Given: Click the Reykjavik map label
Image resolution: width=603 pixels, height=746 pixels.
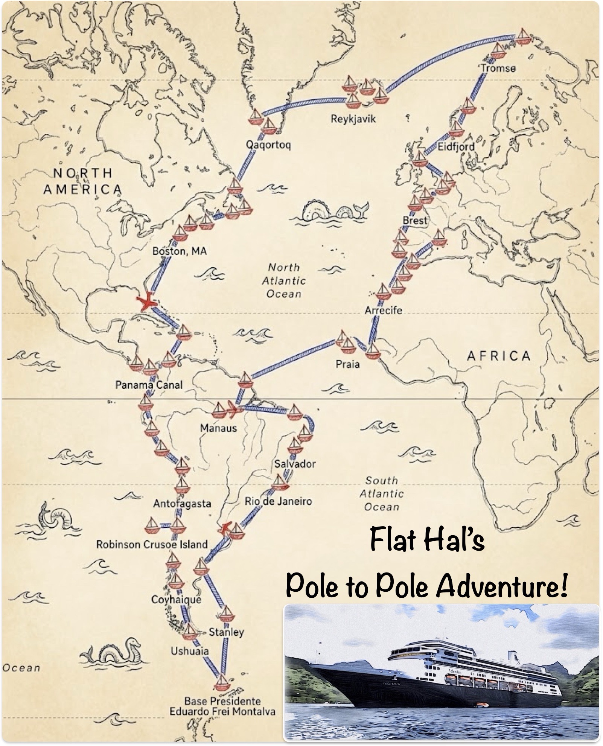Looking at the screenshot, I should [353, 119].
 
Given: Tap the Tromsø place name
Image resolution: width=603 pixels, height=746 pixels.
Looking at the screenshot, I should [498, 68].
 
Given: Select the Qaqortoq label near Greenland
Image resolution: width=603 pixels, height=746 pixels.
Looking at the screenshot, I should [268, 145].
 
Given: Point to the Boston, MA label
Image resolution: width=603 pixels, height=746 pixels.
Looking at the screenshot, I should [180, 251].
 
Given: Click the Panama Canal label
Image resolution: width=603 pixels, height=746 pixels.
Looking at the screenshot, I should [149, 385].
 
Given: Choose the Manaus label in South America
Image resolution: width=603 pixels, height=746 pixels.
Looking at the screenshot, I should [218, 428].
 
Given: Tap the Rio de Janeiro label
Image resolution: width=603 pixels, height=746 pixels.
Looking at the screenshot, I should [278, 501].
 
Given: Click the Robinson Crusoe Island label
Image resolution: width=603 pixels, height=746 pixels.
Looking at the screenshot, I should [152, 544].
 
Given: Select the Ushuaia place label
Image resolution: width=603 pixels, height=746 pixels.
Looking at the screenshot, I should [189, 651].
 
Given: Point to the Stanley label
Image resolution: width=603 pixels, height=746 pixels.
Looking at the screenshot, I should [226, 632].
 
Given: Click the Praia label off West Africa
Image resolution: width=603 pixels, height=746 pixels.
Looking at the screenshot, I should [347, 364].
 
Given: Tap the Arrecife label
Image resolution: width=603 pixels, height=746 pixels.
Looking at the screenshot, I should [383, 311].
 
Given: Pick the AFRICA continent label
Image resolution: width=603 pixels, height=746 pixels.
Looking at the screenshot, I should [499, 356].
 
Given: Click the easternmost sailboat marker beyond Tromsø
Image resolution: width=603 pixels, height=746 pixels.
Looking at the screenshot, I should [522, 36].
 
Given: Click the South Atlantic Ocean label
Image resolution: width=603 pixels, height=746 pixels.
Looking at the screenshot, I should [381, 493].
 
